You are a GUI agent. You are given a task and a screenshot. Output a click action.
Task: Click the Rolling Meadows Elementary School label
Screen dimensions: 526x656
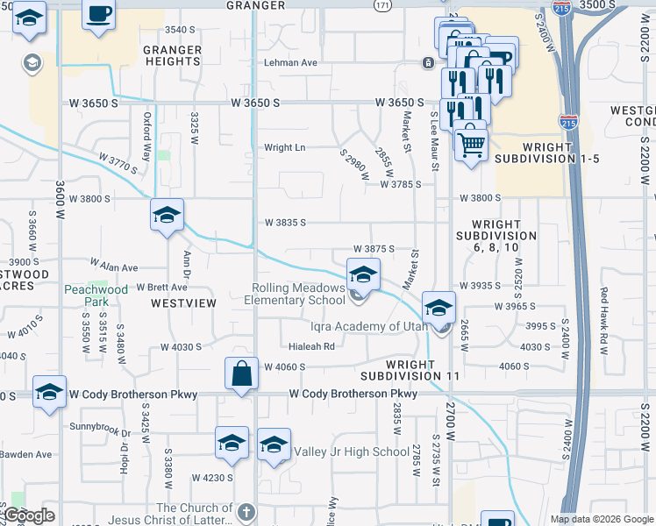[299, 294]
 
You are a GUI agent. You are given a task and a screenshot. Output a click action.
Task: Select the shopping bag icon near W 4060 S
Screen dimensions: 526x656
[241, 373]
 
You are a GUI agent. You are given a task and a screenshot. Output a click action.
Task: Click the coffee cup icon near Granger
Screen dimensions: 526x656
[98, 15]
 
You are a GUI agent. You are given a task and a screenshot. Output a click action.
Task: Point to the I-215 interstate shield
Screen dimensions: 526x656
[569, 123]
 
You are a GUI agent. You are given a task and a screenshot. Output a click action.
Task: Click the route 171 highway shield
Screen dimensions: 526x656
[383, 6]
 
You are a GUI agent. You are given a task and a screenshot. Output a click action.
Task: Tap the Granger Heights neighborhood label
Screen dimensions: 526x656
[172, 56]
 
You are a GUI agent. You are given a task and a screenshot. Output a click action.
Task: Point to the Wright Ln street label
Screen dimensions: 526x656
[284, 148]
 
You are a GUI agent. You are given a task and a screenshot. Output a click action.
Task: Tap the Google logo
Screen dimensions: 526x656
[29, 515]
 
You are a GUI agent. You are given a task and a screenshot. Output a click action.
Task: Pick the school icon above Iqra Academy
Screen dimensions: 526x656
[439, 307]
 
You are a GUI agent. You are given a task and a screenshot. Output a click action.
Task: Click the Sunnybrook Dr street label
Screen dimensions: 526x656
[101, 432]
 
